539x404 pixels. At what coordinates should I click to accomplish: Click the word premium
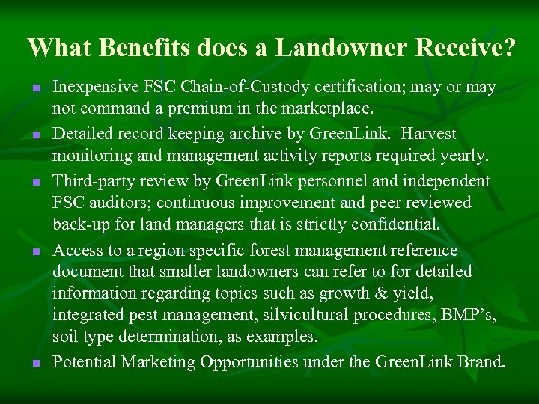point(204,108)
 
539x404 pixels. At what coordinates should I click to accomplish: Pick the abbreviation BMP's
point(469,315)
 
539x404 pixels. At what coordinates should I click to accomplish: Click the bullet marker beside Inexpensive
point(34,88)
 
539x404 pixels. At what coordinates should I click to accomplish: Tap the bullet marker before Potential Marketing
point(34,364)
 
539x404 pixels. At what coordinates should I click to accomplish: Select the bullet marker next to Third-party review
point(34,182)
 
